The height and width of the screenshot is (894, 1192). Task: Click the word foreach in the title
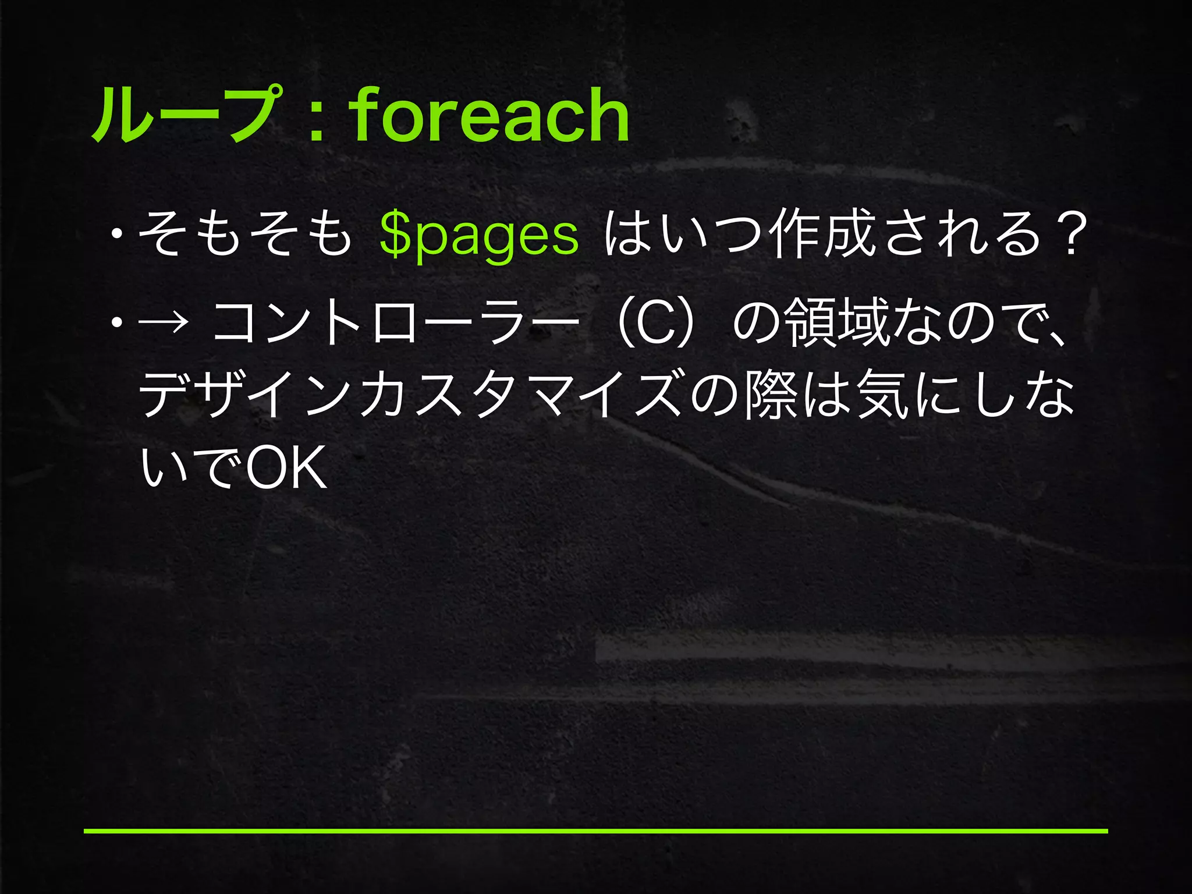(x=489, y=115)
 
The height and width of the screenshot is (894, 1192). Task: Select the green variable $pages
(x=478, y=236)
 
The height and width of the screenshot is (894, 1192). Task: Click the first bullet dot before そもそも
(x=118, y=236)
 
